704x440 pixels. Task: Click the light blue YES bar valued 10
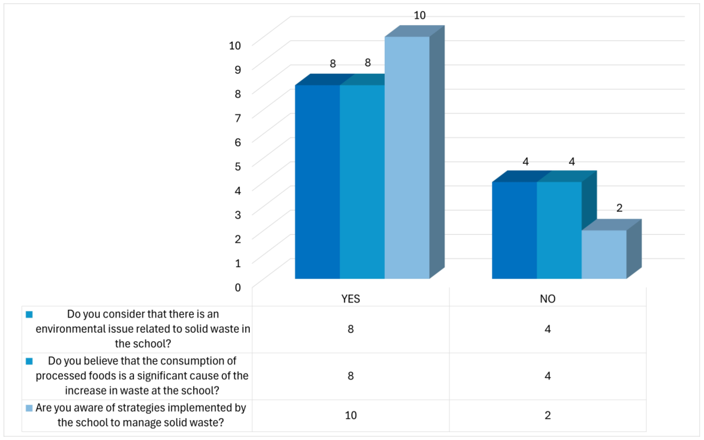(x=407, y=157)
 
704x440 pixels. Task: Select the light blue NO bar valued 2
(x=604, y=254)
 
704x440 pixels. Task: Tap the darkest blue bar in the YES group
(x=317, y=182)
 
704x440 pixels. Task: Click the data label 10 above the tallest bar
(x=420, y=15)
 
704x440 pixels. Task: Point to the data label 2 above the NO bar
(x=619, y=208)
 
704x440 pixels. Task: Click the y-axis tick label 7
(x=238, y=118)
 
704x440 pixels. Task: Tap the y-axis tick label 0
(x=238, y=287)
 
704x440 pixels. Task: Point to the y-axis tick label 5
(x=238, y=166)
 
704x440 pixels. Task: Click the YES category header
(x=351, y=299)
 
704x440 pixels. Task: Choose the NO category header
(x=548, y=299)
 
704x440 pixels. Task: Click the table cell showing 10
(x=351, y=415)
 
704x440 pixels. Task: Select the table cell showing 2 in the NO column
(x=548, y=415)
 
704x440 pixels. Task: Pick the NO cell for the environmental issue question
(x=548, y=329)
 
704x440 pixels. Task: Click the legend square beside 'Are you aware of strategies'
(x=29, y=408)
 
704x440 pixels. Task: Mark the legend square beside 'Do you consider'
(x=29, y=315)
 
